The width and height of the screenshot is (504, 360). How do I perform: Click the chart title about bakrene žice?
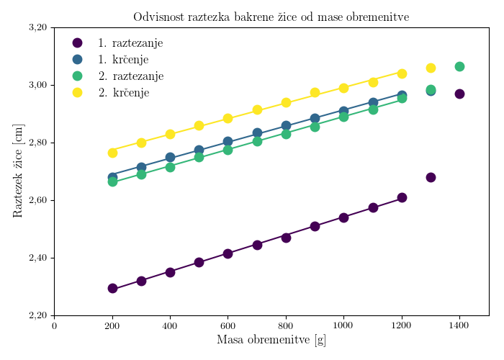(271, 17)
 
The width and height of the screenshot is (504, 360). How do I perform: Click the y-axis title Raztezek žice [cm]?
(18, 171)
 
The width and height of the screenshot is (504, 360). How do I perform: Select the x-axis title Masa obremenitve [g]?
(271, 340)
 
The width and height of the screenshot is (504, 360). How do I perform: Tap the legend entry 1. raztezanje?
(130, 43)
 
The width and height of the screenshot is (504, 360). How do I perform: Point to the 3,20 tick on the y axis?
(37, 27)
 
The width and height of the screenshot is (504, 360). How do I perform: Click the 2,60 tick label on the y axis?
(37, 200)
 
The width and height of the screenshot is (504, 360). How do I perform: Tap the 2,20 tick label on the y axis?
(37, 315)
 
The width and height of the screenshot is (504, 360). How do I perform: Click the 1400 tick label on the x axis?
(459, 326)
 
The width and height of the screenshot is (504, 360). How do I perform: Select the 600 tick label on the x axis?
(228, 326)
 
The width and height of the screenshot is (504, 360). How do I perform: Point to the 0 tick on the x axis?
(55, 326)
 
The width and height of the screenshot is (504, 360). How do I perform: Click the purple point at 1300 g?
(431, 177)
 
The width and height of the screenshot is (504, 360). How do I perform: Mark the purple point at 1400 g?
(459, 94)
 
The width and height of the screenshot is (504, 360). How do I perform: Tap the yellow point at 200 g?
(112, 153)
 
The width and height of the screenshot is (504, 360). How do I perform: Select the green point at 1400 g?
(459, 66)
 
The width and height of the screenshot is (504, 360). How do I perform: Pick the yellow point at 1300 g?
(431, 68)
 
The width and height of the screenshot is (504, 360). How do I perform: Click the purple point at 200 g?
(112, 288)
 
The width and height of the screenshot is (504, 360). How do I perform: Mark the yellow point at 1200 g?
(402, 73)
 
